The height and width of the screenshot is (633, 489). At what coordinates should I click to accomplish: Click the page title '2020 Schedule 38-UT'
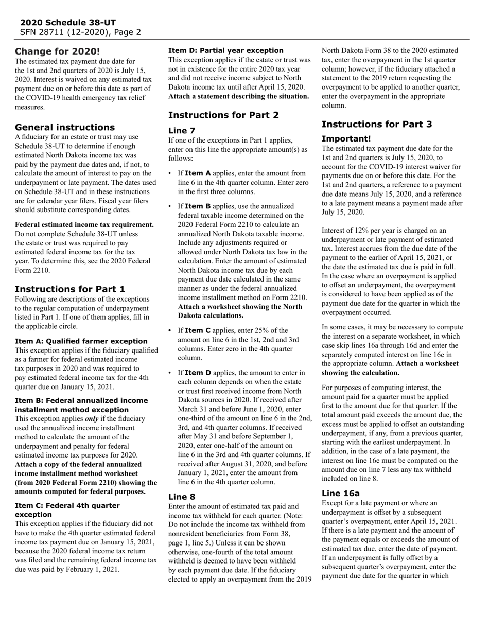pos(68,23)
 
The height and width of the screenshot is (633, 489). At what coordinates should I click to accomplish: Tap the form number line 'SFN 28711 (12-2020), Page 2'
pos(80,32)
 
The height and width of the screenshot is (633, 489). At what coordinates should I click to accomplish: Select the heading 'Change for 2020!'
pos(58,51)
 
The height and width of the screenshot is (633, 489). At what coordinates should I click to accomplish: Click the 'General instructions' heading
pos(65,127)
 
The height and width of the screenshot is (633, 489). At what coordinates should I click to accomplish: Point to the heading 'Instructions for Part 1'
pos(70,289)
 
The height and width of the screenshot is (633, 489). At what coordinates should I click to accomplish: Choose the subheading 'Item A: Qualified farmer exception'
pos(81,341)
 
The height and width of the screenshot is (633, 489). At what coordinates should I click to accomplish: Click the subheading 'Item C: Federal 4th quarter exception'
pos(67,510)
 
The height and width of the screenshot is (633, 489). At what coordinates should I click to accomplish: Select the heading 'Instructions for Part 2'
pos(223,115)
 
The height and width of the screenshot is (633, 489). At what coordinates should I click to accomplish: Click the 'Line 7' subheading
pos(182,131)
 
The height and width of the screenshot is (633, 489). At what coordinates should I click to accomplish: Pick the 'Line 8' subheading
pos(182,497)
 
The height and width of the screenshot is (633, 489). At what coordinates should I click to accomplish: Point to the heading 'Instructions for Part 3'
pos(377,124)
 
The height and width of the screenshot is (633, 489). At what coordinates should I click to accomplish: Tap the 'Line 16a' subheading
pos(341,493)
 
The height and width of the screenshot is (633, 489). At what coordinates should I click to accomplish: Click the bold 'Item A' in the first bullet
pos(198,173)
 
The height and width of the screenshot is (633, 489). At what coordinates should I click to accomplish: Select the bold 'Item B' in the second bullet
pos(198,206)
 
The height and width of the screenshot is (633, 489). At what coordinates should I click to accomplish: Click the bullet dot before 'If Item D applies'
pos(170,373)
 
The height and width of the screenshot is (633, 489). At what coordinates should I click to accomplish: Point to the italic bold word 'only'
pos(93,419)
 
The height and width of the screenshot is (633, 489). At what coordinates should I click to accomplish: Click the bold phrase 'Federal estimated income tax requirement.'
pos(84,224)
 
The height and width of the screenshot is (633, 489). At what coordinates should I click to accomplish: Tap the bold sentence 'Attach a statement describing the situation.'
pos(239,96)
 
